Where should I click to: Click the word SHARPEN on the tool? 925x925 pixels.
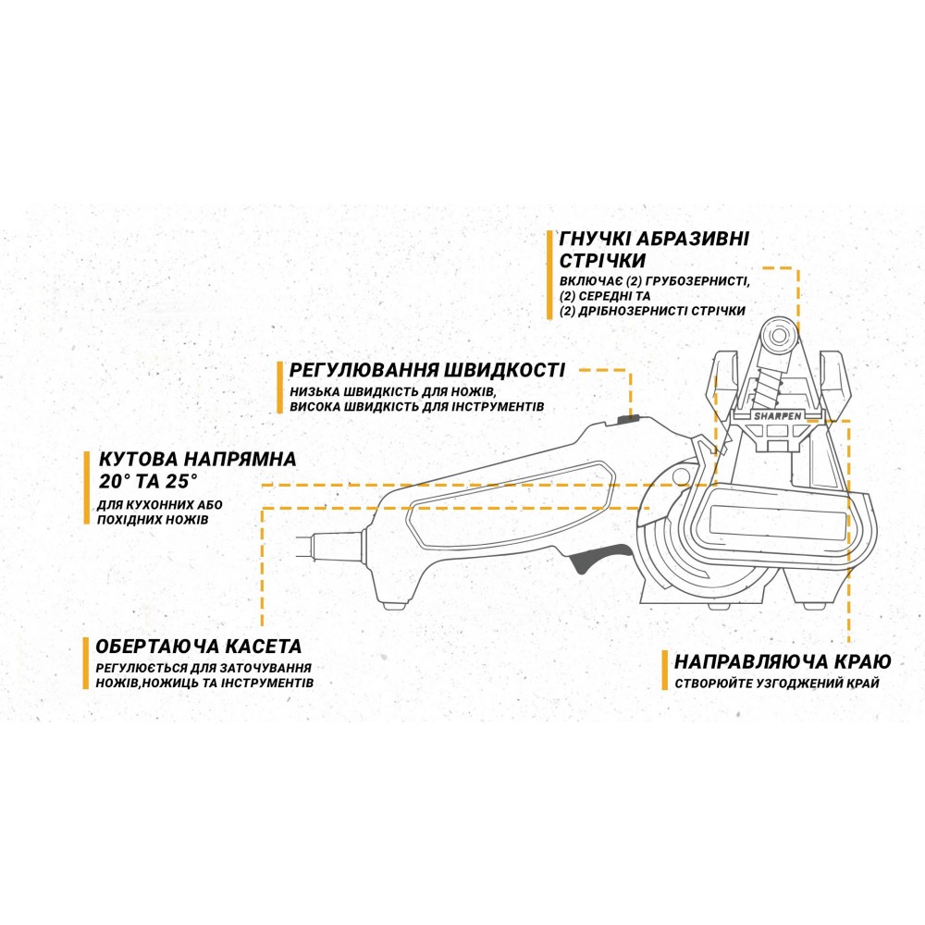click(778, 416)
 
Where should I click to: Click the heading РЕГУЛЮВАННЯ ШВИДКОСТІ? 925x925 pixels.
click(427, 370)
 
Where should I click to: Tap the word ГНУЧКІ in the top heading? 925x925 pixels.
click(595, 239)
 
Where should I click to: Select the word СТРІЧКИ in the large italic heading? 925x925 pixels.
click(602, 261)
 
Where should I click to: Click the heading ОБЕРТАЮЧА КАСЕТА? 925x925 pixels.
click(199, 646)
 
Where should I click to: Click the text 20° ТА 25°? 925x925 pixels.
click(147, 481)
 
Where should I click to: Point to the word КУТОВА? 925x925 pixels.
click(137, 459)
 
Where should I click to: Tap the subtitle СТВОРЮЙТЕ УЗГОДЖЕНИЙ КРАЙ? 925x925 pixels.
click(777, 684)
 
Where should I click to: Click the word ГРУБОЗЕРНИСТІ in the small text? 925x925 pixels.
click(698, 281)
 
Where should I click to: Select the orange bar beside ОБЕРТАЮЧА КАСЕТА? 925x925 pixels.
click(85, 662)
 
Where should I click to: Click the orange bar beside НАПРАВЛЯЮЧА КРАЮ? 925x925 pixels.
click(664, 670)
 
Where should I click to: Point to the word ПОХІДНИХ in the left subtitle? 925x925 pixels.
click(125, 520)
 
